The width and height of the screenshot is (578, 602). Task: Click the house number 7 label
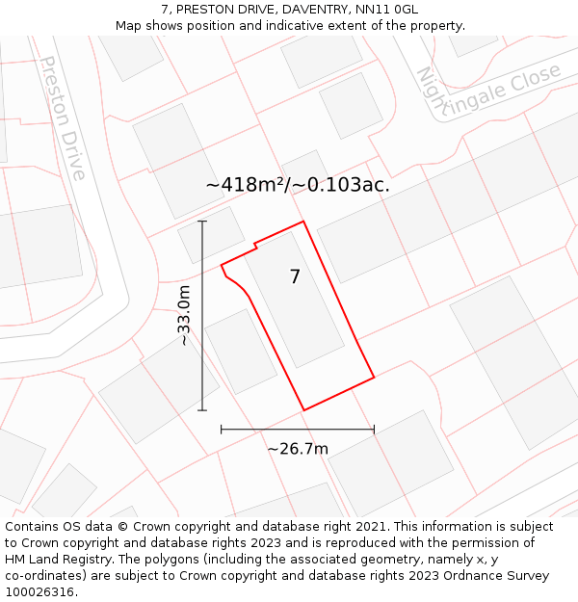tap(295, 277)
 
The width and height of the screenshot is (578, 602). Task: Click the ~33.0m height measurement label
tap(183, 316)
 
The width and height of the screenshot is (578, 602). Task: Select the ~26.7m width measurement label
tap(298, 449)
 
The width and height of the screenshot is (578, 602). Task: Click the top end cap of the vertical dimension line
tap(202, 222)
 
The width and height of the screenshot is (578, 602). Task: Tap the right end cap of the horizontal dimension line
tap(374, 430)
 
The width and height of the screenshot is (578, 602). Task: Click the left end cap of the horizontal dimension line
tap(222, 430)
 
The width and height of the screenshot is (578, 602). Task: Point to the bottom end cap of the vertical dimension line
tap(202, 410)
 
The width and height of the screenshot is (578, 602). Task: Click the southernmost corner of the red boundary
tap(304, 410)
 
